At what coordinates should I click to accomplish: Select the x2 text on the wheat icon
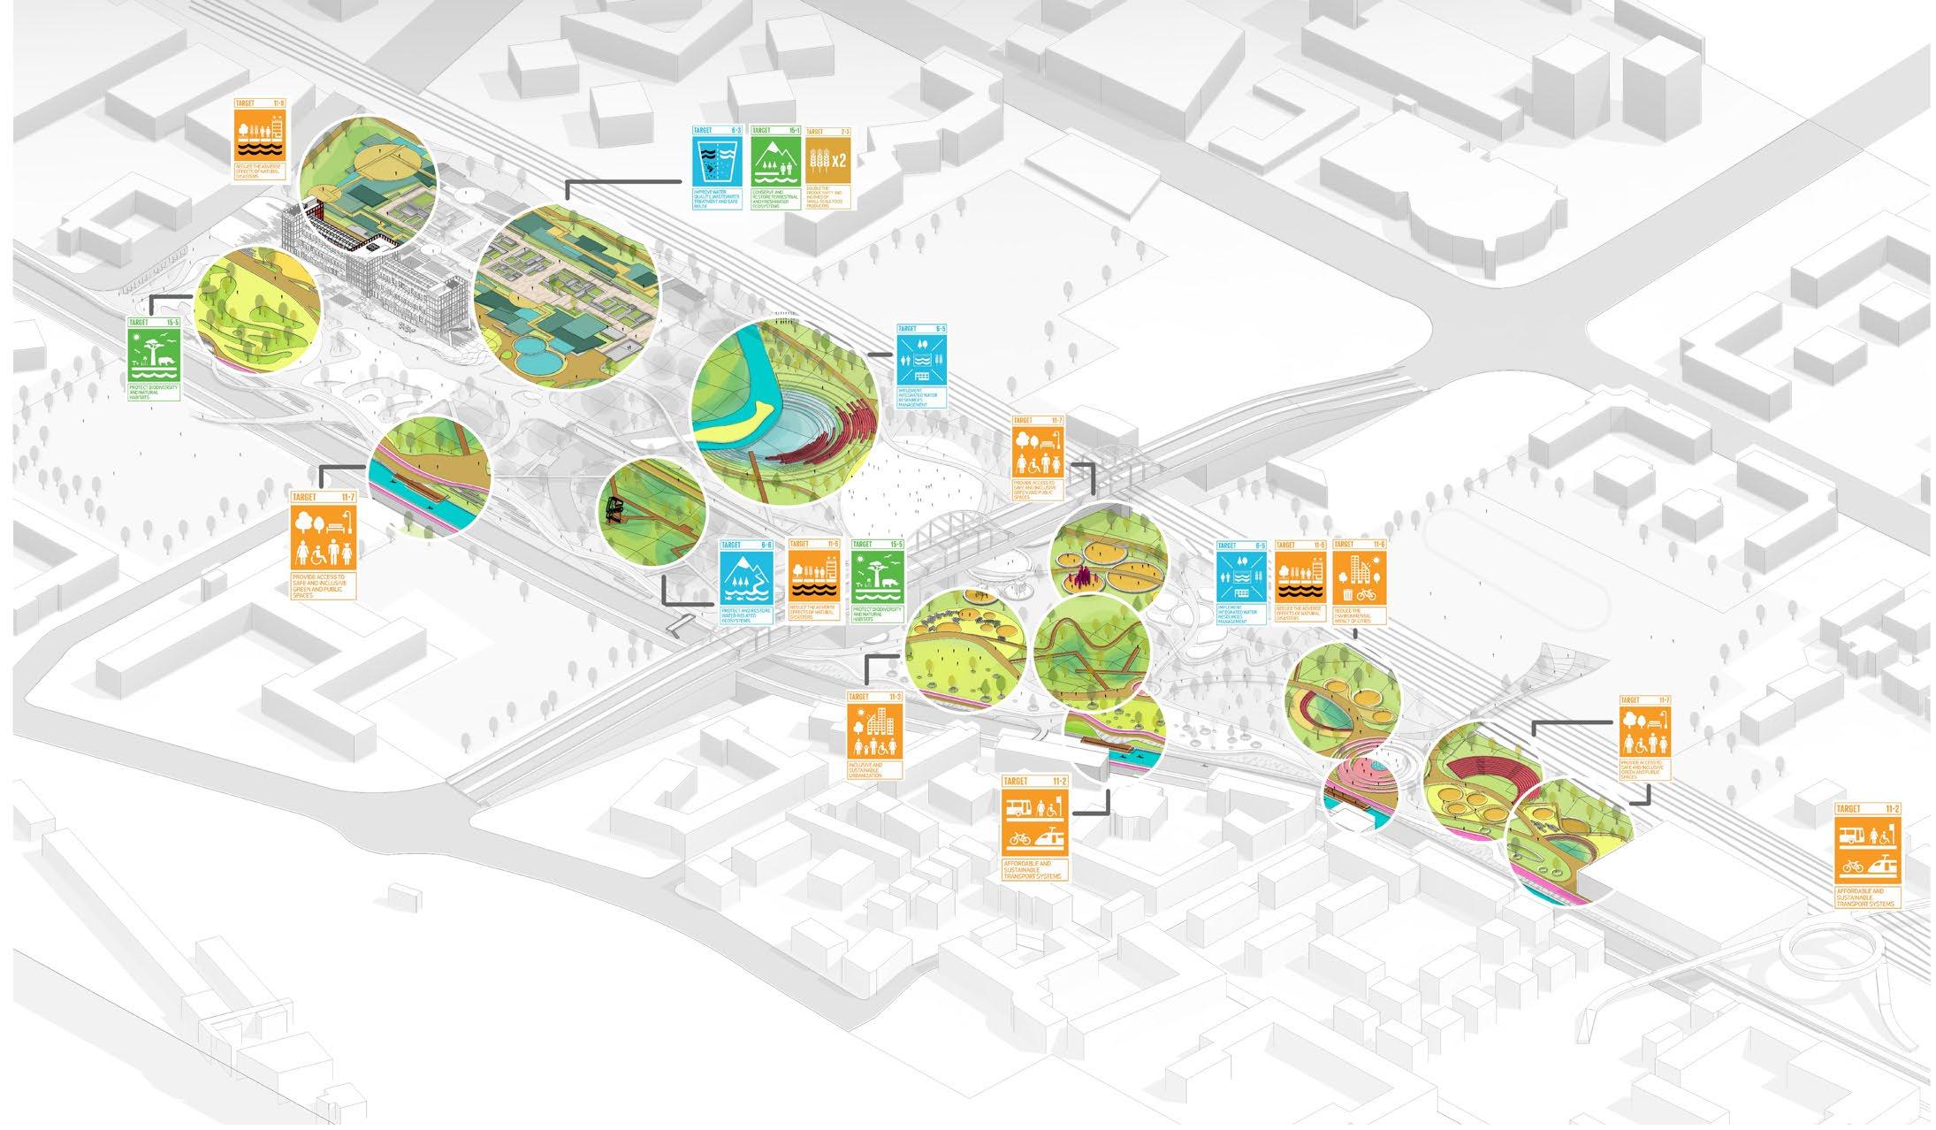point(839,160)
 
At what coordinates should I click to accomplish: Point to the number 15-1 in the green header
point(793,130)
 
